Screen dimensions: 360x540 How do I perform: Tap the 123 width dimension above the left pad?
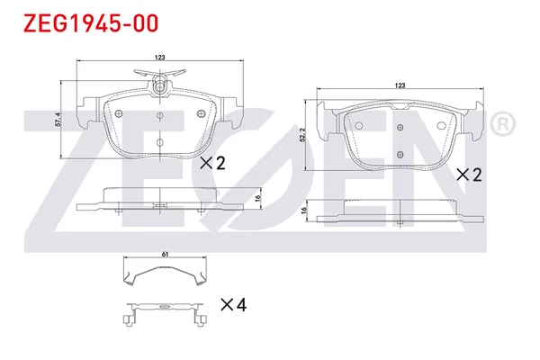[x=159, y=58]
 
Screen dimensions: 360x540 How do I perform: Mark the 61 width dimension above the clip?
[x=166, y=255]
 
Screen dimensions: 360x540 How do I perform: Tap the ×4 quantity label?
[x=232, y=305]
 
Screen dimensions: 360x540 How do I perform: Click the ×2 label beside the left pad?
[x=211, y=163]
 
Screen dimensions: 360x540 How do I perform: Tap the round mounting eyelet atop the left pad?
[x=160, y=86]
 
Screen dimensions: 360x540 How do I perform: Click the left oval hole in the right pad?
[x=358, y=125]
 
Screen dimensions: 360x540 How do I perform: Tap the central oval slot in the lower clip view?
[x=165, y=307]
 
